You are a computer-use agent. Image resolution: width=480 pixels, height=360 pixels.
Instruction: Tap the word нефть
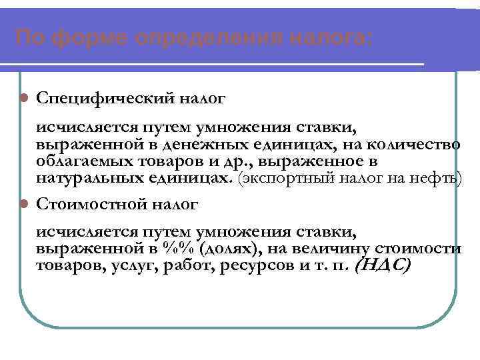[x=437, y=179]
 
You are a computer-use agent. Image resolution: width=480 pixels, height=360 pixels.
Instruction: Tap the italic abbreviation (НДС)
[x=384, y=265]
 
